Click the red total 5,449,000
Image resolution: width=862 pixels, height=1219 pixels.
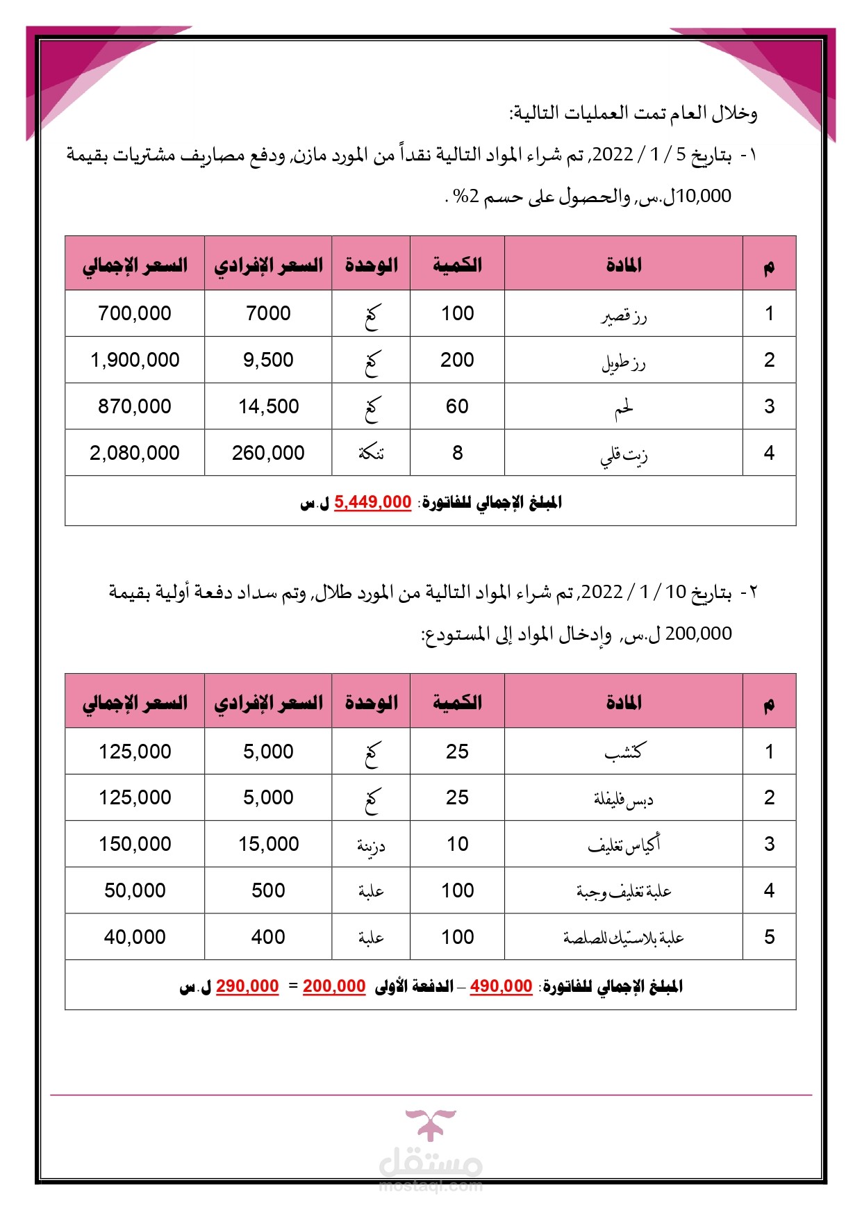pos(373,502)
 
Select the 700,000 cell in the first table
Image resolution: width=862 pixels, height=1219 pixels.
pos(135,313)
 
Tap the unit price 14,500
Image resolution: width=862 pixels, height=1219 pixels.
pos(269,406)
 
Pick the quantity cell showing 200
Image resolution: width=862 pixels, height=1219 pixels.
pos(457,360)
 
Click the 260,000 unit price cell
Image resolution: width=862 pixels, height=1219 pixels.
pos(268,453)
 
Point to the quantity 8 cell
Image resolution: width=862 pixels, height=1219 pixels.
pos(457,453)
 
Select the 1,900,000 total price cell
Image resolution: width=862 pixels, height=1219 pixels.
pos(135,360)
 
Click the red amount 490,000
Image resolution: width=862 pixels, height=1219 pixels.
pos(501,986)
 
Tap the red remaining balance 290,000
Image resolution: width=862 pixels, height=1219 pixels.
pos(247,986)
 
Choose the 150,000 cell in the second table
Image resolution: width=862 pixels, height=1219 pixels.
pos(135,844)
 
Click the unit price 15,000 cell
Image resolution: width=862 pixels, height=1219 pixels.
pos(269,844)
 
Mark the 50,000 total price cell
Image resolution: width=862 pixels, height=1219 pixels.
pos(135,890)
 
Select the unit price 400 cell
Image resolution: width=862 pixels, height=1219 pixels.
pos(268,937)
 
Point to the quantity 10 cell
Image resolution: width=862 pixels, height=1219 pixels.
pos(457,844)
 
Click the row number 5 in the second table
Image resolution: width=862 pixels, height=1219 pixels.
pos(769,937)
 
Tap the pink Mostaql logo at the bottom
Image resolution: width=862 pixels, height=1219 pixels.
pos(431,1146)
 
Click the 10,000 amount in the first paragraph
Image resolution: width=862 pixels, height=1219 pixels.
pos(704,197)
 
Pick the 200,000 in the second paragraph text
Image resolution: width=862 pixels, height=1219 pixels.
pos(698,634)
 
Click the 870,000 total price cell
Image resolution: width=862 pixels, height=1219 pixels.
pos(135,406)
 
